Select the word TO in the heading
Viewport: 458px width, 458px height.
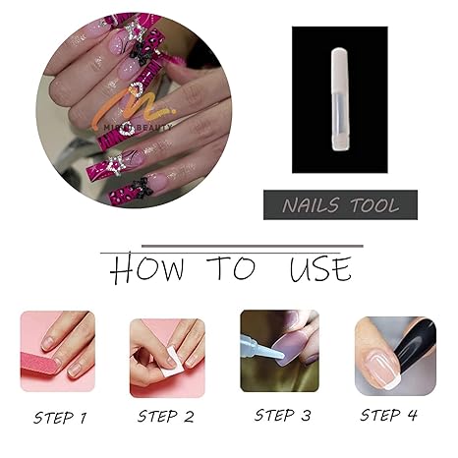pyautogui.click(x=232, y=267)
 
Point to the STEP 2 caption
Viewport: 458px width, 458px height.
pyautogui.click(x=172, y=417)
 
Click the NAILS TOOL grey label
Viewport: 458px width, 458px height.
pyautogui.click(x=340, y=204)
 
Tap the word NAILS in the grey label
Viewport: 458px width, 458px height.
pyautogui.click(x=311, y=204)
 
